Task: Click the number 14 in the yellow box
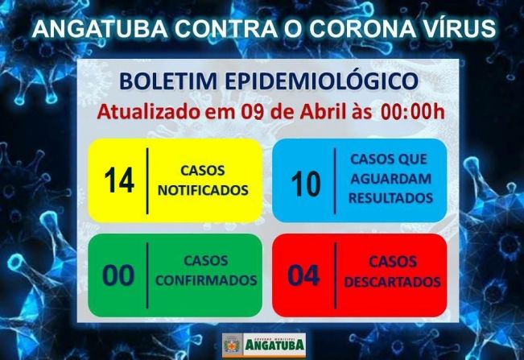point(119,181)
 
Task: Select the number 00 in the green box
point(118,275)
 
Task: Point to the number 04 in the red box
point(303,275)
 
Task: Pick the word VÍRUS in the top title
point(461,29)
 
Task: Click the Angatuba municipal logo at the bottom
point(262,343)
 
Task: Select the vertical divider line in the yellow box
point(147,180)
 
